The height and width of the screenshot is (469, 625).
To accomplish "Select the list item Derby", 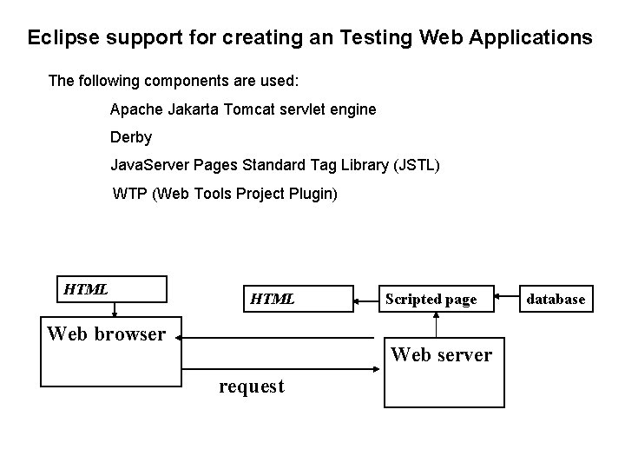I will (x=131, y=137).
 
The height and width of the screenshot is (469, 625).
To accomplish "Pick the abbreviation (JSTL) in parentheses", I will (x=416, y=164).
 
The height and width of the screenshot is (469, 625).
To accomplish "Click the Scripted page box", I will (x=431, y=299).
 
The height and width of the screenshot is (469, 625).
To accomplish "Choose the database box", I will (x=556, y=299).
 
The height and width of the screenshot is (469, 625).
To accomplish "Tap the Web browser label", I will (x=106, y=334).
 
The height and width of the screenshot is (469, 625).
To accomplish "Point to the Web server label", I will (x=441, y=354).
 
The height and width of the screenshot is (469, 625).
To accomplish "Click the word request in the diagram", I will (x=251, y=386).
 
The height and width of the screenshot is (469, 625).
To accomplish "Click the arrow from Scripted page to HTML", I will (x=365, y=301).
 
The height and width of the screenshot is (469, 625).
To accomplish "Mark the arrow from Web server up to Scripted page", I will (x=436, y=326).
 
